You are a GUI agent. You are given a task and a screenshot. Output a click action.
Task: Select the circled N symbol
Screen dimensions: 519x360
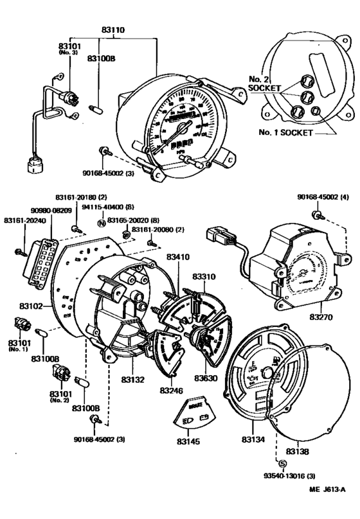click(100, 222)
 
